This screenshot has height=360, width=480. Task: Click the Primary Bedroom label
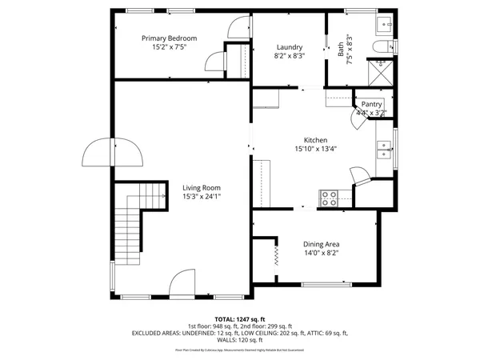pos(169,38)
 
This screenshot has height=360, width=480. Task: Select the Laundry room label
pos(289,47)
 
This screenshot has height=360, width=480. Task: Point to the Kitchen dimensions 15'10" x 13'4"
pos(315,148)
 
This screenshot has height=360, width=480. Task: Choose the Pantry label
pos(371,104)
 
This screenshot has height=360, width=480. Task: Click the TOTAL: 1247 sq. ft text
pos(240,318)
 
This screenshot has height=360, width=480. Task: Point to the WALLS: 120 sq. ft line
pos(240,340)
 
